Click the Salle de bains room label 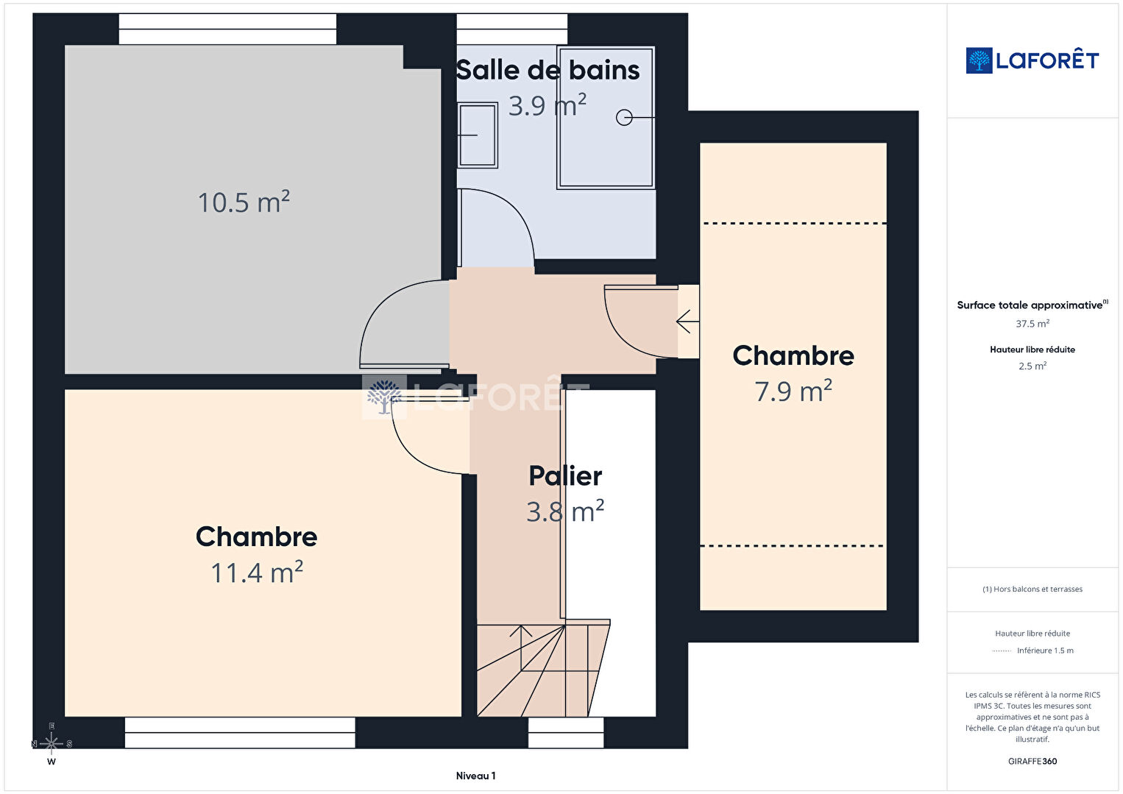[x=548, y=70]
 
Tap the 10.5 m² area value [x=244, y=202]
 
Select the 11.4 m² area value [x=257, y=572]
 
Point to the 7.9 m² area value [x=793, y=391]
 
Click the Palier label [x=565, y=475]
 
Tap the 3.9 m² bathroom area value [x=548, y=104]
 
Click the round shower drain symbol [x=624, y=117]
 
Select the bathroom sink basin [x=478, y=135]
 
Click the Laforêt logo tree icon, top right [x=979, y=60]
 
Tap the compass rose [x=52, y=744]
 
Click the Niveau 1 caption [x=475, y=776]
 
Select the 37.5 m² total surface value [x=1032, y=324]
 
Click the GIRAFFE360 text [x=1032, y=761]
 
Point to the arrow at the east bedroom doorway [x=688, y=322]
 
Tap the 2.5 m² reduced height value [x=1032, y=366]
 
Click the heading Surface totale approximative [x=1032, y=305]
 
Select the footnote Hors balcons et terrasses [x=1032, y=589]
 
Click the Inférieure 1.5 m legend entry [x=1045, y=650]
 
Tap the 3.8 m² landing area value [x=565, y=511]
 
